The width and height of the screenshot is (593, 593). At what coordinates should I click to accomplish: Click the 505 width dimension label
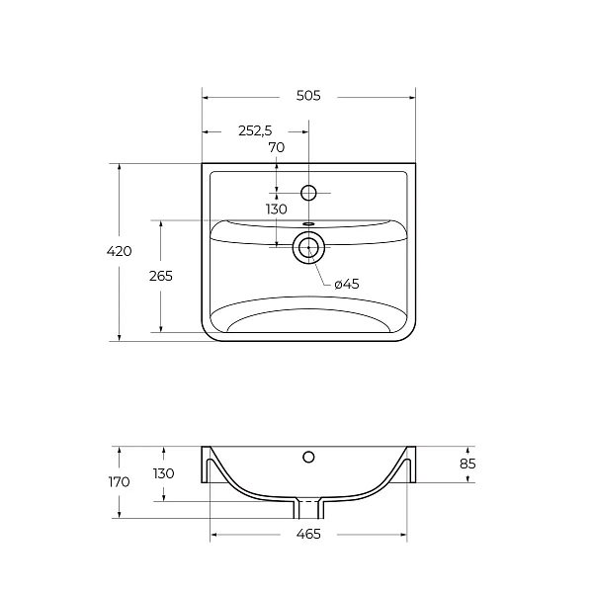pyautogui.click(x=308, y=96)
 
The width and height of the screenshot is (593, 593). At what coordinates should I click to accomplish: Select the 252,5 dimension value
pyautogui.click(x=255, y=130)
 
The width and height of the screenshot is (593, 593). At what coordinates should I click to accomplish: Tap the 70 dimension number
pyautogui.click(x=277, y=147)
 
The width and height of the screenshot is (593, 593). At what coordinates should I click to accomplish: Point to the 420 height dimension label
pyautogui.click(x=120, y=251)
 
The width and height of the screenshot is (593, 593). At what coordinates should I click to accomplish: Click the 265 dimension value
pyautogui.click(x=161, y=276)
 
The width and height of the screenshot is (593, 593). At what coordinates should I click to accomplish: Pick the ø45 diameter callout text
pyautogui.click(x=347, y=284)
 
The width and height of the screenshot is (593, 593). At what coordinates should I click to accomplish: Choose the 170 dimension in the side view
pyautogui.click(x=120, y=482)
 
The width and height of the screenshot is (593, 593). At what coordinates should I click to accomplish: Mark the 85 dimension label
pyautogui.click(x=467, y=464)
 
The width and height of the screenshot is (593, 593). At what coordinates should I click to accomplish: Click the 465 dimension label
pyautogui.click(x=308, y=534)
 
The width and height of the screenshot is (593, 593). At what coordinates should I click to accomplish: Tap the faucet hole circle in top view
pyautogui.click(x=308, y=193)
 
